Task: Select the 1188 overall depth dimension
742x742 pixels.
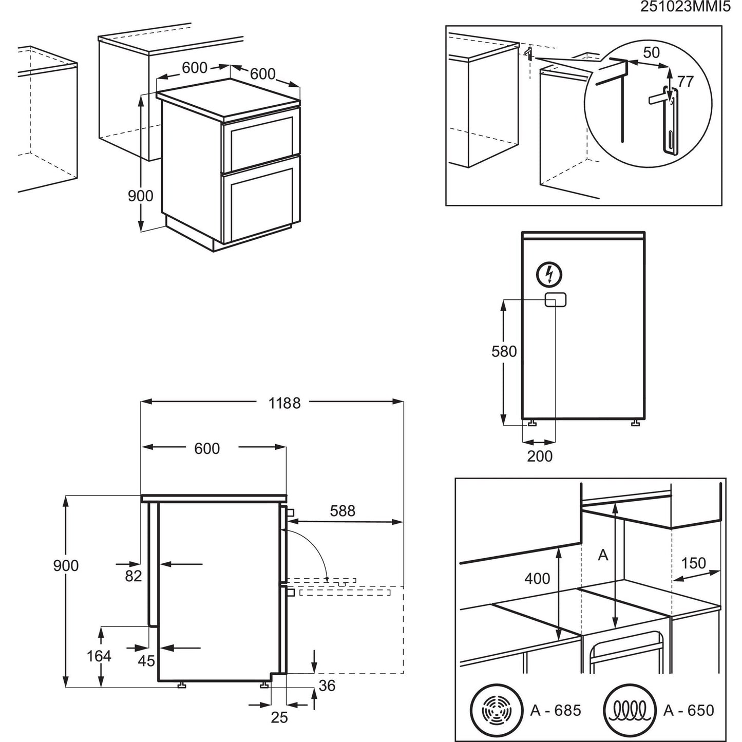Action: coord(284,403)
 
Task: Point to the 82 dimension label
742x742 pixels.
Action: coord(133,576)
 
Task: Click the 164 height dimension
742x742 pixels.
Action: coord(99,656)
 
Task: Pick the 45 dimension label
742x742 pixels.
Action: coord(146,660)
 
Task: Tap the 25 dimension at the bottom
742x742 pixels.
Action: coord(279,717)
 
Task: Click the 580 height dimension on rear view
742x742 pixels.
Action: coord(504,352)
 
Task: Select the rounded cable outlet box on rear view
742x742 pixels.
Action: coord(555,300)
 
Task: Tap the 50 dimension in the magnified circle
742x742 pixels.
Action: coord(651,53)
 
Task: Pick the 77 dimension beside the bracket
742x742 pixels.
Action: coord(685,81)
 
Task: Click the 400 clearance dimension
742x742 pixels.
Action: coord(537,579)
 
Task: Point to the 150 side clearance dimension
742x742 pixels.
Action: coord(693,563)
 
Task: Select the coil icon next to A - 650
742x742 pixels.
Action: coord(630,710)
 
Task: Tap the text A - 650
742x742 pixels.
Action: coord(688,710)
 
